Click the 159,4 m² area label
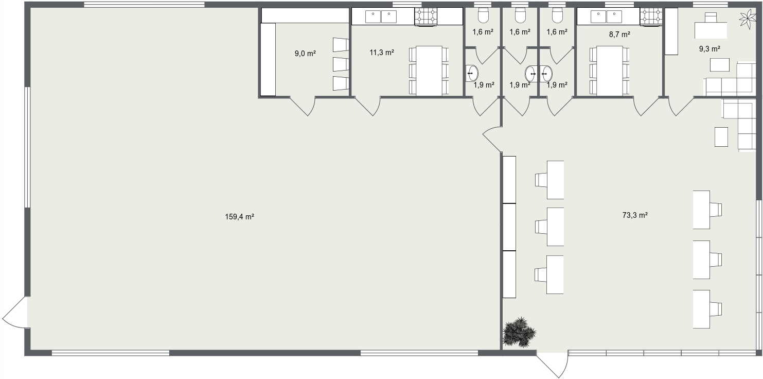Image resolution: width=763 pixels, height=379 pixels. click(x=239, y=217)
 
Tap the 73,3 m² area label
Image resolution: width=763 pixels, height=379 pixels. click(x=635, y=215)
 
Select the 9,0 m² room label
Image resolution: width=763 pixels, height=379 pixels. click(x=305, y=54)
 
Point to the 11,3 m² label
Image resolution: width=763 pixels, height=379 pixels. click(x=382, y=53)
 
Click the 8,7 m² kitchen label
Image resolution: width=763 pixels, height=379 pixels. click(x=619, y=35)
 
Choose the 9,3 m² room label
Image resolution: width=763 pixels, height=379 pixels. click(x=709, y=49)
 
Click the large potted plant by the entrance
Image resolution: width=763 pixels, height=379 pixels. click(x=519, y=332)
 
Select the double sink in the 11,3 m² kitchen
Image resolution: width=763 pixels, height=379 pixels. click(x=381, y=16)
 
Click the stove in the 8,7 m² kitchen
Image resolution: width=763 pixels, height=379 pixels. click(x=651, y=16)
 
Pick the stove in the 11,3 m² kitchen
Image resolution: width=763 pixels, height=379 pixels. click(x=426, y=16)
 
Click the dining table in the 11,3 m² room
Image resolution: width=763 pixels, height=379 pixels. click(x=429, y=71)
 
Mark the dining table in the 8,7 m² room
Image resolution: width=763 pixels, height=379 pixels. click(x=609, y=71)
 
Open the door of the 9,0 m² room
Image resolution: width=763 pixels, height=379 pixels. click(x=303, y=106)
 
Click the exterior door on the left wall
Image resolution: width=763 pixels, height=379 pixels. click(x=15, y=312)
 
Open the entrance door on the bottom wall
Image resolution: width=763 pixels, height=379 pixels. click(x=553, y=364)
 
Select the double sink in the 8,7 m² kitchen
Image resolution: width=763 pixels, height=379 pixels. click(x=606, y=16)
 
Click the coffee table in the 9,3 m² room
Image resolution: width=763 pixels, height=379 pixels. click(x=720, y=65)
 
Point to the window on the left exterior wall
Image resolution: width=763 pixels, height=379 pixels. click(x=27, y=147)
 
